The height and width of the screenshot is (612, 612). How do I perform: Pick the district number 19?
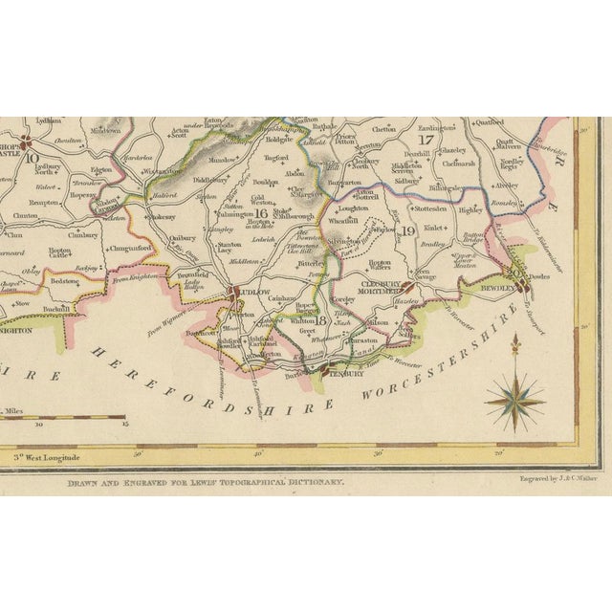point(406,230)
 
